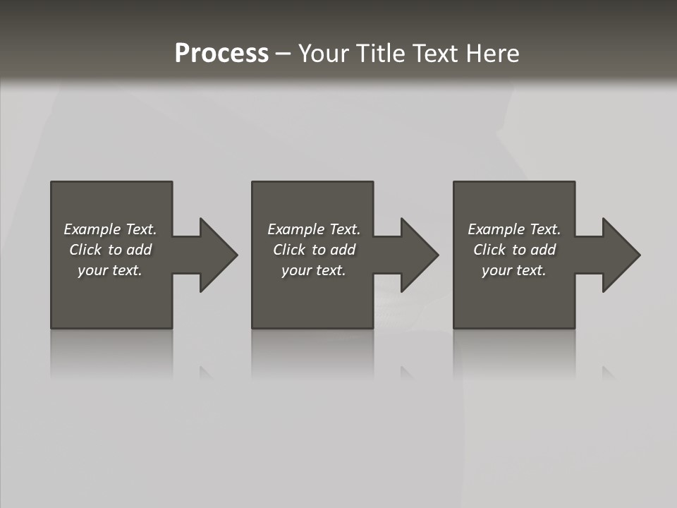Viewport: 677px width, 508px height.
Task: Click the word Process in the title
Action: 221,54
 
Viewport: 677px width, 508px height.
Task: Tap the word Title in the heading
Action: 379,54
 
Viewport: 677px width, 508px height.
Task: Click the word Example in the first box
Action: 92,229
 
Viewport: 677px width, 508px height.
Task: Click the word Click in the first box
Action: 85,250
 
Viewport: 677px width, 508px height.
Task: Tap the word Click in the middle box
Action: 289,250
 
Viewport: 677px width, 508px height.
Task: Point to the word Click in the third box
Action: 489,250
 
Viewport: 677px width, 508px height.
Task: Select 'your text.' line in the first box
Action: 110,270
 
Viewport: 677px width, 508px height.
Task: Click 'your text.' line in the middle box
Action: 314,270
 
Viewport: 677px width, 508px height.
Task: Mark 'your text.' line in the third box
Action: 514,270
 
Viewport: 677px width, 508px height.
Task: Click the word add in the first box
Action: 140,250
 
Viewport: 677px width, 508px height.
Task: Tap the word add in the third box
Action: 544,250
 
